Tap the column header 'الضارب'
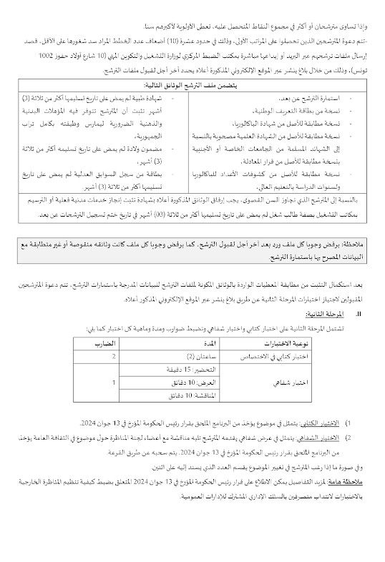tap(102, 343)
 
